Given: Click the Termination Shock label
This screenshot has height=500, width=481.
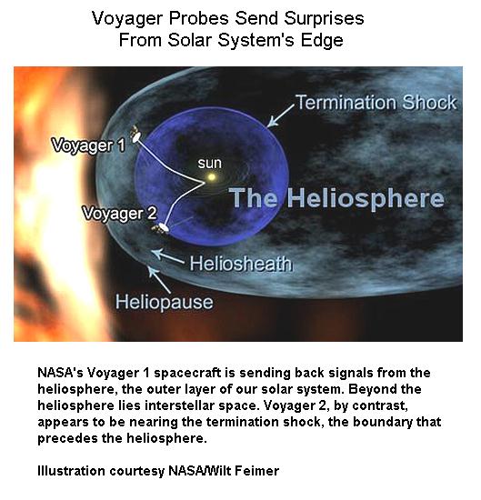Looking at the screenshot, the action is coord(376,103).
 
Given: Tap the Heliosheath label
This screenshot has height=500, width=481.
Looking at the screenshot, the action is coord(241,264).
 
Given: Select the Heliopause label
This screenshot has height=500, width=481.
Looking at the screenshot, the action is coord(164,302).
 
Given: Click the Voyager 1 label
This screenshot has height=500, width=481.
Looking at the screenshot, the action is coord(88,145).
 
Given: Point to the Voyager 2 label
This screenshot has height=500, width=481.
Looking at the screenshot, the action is coord(119,214).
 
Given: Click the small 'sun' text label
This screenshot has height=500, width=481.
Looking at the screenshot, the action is coord(209,164).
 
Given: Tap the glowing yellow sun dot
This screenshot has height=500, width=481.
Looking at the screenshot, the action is coord(211,176).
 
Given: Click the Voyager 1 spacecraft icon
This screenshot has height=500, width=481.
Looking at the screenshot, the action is coord(135,135).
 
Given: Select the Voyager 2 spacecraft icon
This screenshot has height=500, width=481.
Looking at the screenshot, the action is coord(161,227).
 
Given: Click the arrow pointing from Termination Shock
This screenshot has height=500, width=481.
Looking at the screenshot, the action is coord(280,115).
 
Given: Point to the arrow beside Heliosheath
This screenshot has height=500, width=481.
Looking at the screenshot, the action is coord(168,256).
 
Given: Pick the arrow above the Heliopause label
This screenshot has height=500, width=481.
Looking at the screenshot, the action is coord(159,280).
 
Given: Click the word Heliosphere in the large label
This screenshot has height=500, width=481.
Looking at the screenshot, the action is coord(366,197).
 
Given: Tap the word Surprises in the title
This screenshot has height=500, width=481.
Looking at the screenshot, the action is coord(324,18).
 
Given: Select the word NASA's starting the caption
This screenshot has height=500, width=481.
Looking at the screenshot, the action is coord(60,373).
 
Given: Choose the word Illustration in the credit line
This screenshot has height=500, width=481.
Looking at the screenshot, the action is coord(71,471).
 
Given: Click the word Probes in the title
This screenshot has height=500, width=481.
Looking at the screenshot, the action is coord(199,18).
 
